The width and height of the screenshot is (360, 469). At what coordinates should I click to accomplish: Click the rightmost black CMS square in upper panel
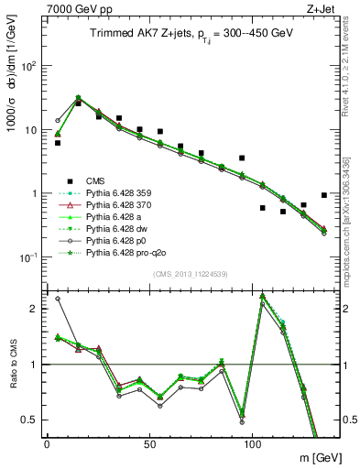point(324,195)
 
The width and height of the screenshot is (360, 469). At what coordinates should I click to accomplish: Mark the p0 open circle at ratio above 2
point(58,299)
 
